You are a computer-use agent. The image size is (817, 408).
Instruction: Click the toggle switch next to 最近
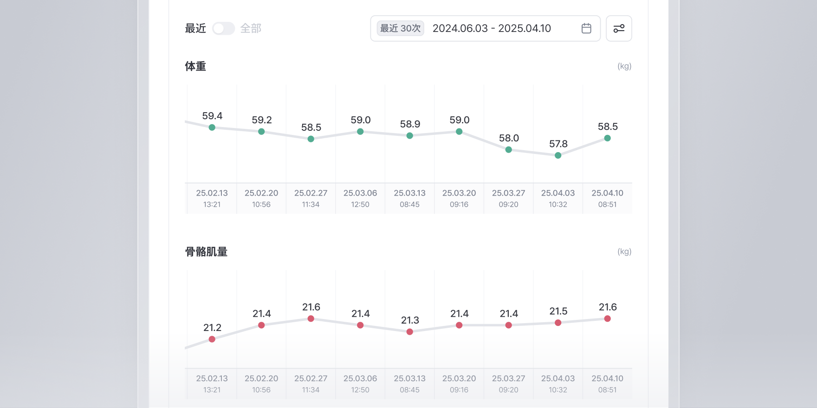pos(223,29)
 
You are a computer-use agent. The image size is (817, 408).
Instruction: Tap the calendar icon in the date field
pos(586,28)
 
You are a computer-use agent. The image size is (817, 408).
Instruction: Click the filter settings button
pos(619,29)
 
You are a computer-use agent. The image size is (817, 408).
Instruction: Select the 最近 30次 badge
pos(400,28)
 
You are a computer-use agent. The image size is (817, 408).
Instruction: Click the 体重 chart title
pos(195,66)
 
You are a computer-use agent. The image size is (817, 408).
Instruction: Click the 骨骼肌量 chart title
pos(206,252)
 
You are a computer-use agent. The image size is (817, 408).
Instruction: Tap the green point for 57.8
pos(558,155)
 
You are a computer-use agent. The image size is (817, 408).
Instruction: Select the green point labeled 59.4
pos(212,127)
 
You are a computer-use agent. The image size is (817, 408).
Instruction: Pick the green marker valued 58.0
pos(509,150)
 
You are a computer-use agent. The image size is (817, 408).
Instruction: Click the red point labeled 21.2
pos(212,339)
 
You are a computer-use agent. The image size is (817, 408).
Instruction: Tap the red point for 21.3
pos(410,332)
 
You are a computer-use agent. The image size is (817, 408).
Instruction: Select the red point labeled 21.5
pos(558,323)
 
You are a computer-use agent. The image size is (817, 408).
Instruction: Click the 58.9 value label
pos(410,124)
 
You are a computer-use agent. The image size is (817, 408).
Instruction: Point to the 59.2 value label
pos(262,120)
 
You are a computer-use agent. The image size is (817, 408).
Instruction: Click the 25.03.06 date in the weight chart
pos(360,193)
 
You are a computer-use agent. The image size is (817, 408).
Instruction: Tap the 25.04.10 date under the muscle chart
pos(607,378)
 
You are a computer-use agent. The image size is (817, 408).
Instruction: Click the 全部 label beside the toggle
pos(251,29)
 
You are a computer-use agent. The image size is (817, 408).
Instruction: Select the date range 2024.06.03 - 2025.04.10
pos(492,28)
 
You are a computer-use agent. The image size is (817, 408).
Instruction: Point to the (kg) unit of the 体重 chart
pos(624,66)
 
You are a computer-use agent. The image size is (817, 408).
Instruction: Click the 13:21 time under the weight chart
pos(212,204)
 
